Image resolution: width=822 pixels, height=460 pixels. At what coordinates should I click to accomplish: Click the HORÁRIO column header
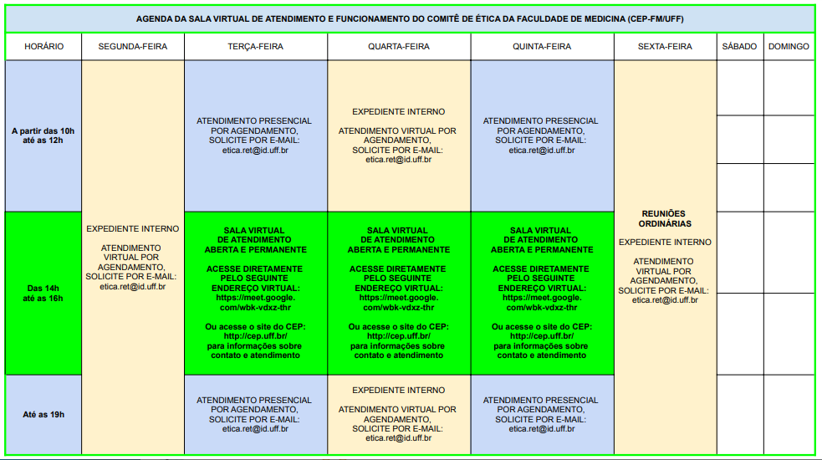[43, 47]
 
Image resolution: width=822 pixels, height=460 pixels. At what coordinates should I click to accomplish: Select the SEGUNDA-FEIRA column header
[133, 47]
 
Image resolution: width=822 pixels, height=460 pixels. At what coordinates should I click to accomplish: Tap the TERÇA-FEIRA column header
[255, 47]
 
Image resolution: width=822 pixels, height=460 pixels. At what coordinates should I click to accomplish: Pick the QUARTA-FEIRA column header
[398, 47]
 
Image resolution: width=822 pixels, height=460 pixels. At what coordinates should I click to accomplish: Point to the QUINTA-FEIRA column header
[542, 47]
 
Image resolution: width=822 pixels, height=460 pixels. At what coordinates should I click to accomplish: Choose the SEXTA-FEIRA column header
[666, 47]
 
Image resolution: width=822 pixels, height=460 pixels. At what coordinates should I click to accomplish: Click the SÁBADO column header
[740, 47]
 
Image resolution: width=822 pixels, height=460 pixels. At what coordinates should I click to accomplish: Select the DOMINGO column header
[789, 47]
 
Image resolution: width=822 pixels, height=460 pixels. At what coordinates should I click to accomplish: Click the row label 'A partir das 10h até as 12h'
[43, 135]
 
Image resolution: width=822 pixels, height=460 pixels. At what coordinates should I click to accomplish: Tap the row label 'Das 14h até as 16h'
[43, 294]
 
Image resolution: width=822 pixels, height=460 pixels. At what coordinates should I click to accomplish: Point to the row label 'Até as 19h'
[43, 414]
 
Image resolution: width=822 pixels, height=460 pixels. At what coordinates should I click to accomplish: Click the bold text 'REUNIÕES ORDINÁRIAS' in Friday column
[665, 219]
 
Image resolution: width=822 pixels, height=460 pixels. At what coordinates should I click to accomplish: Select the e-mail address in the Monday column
[133, 287]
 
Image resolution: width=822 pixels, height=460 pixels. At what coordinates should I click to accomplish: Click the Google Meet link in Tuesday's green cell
[255, 303]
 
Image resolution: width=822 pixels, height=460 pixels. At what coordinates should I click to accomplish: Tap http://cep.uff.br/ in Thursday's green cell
[542, 336]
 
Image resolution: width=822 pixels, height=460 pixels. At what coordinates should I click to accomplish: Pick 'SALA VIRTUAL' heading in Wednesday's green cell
[397, 230]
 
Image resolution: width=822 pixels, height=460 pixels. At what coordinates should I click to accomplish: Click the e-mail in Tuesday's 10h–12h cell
[255, 150]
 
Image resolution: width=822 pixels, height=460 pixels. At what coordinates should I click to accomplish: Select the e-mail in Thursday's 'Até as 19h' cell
[542, 428]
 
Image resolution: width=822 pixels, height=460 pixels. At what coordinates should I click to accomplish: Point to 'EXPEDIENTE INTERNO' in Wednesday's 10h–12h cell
[398, 112]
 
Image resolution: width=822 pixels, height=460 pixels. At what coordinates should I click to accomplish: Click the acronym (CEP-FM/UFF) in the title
[656, 19]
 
